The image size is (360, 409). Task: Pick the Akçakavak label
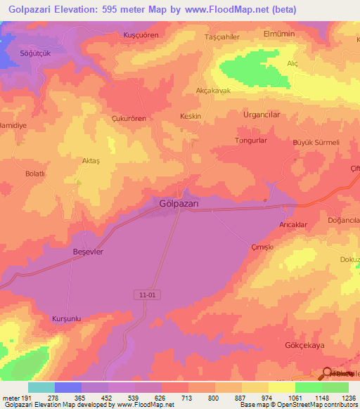[x=213, y=91]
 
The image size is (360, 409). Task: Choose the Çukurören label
[x=129, y=119]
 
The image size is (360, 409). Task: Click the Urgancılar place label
[x=262, y=114]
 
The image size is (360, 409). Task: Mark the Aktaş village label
[x=92, y=161]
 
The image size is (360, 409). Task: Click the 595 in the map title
[x=126, y=9]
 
